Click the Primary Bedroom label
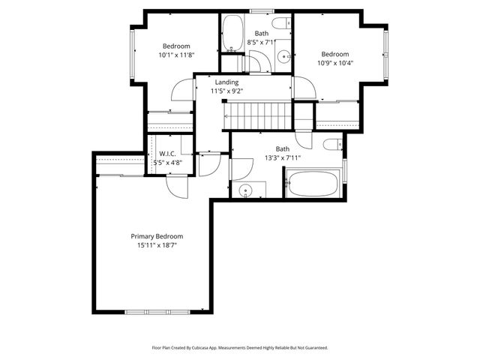pyautogui.click(x=157, y=236)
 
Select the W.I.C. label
pyautogui.click(x=167, y=154)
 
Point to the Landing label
pyautogui.click(x=226, y=82)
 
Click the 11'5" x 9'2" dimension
pyautogui.click(x=226, y=91)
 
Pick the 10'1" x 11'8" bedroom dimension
pyautogui.click(x=176, y=55)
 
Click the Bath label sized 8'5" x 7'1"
pyautogui.click(x=261, y=34)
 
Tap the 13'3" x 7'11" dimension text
pyautogui.click(x=282, y=158)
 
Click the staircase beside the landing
pyautogui.click(x=256, y=116)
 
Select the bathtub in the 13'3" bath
pyautogui.click(x=313, y=184)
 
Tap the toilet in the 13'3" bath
pyautogui.click(x=334, y=145)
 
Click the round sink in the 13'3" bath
pyautogui.click(x=246, y=190)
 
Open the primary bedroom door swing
pyautogui.click(x=174, y=185)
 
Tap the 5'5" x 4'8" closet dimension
pyautogui.click(x=167, y=162)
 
